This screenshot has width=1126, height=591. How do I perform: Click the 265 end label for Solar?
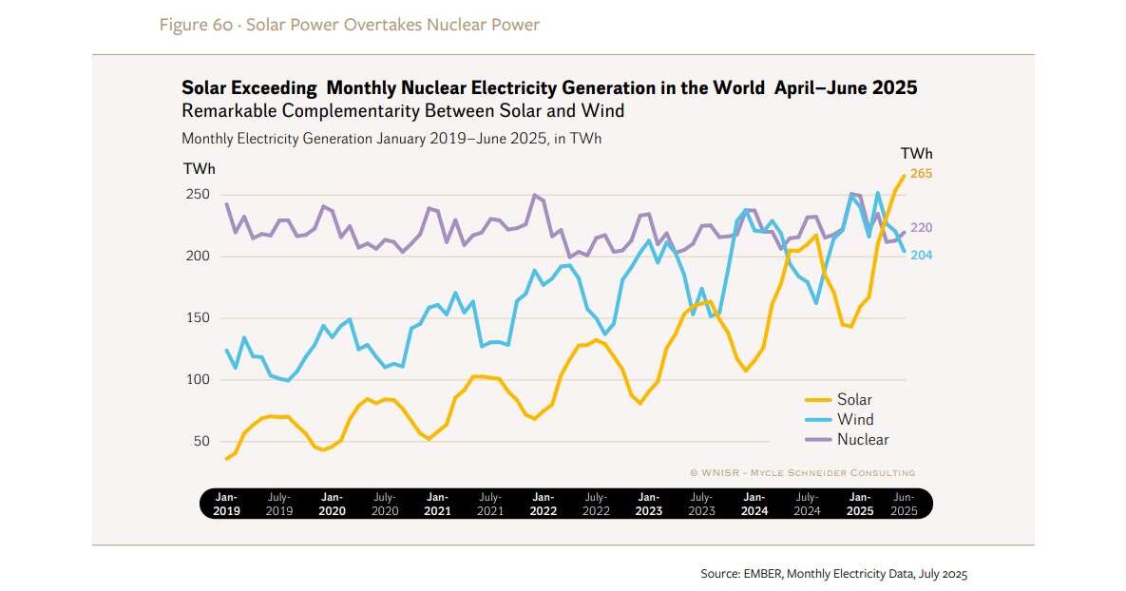921,174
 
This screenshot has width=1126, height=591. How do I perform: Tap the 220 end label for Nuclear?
921,228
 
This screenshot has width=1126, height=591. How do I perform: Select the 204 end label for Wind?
921,256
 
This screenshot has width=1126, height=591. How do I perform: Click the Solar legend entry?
854,400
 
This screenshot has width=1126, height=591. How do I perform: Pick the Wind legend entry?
854,420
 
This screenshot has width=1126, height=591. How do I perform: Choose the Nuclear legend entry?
862,440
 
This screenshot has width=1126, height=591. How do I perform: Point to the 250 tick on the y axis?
197,195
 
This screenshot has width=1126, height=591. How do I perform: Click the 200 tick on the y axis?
197,257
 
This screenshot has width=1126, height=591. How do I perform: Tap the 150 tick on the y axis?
197,318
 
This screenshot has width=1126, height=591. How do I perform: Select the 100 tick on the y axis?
197,380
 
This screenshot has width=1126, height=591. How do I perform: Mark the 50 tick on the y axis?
200,442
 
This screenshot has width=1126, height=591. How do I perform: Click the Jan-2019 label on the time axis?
226,504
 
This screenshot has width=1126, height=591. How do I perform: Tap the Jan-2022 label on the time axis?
543,504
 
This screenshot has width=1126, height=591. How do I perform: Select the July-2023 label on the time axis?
700,504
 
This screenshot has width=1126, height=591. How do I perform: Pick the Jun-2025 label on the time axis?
904,504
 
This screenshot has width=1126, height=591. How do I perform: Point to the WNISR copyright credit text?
802,472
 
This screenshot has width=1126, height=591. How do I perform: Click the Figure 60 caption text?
349,25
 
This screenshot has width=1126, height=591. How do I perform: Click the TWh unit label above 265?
916,154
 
